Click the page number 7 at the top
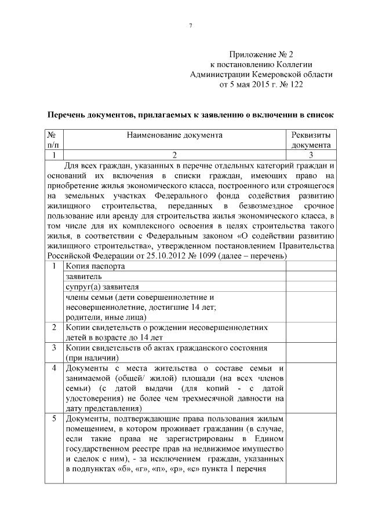point(190,25)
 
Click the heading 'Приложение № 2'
point(261,53)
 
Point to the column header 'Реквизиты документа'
point(311,140)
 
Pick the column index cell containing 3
point(311,155)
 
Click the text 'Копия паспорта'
point(94,266)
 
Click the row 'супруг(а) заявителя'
point(102,287)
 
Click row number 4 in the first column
point(53,368)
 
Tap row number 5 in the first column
point(53,418)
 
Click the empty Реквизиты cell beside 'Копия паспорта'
point(311,266)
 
